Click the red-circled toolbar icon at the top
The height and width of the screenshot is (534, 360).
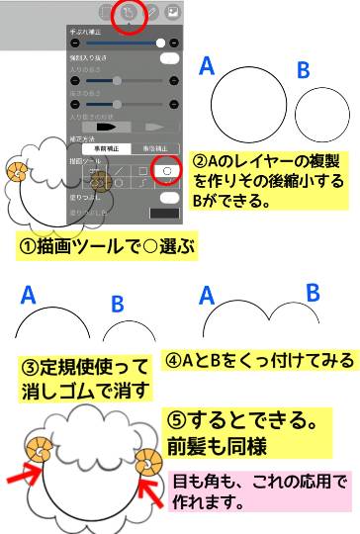(x=128, y=14)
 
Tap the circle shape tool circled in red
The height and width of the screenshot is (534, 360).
(x=168, y=170)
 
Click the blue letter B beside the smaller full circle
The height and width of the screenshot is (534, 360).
(x=304, y=70)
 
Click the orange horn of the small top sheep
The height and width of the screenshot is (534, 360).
(x=18, y=176)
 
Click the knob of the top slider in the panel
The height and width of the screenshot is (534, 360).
(x=160, y=44)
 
